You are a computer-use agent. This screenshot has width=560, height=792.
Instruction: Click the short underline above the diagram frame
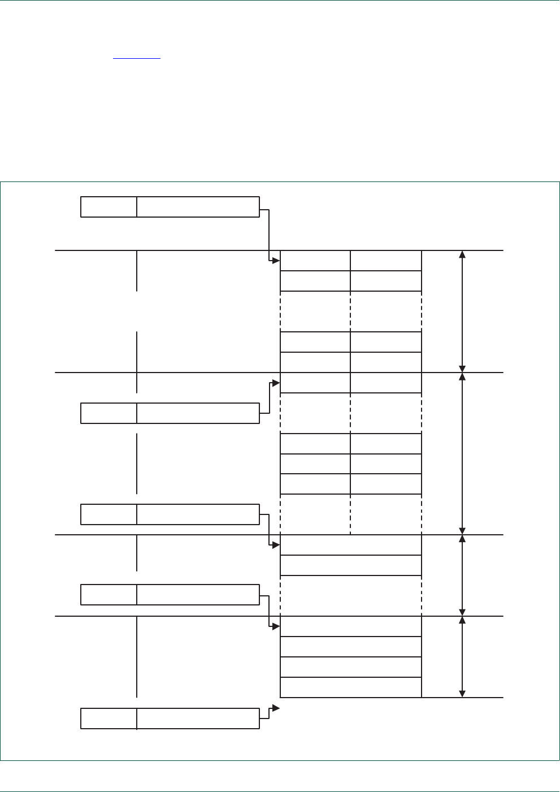pos(137,58)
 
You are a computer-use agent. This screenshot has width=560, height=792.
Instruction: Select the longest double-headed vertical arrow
pos(462,453)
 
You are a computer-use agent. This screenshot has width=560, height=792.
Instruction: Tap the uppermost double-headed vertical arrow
pos(462,311)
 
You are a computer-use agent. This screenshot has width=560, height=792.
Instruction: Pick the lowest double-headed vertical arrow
pos(462,657)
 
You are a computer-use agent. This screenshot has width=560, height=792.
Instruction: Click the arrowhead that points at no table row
pos(276,708)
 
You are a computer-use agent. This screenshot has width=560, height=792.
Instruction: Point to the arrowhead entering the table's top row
pos(276,261)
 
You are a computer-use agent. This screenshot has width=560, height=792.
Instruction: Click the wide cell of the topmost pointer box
pos(198,207)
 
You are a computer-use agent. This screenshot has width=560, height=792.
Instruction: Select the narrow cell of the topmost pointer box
pos(108,207)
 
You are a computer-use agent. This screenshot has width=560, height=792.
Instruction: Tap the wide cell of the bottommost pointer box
pos(198,719)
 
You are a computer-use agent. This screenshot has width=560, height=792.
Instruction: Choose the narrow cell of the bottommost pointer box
pos(108,719)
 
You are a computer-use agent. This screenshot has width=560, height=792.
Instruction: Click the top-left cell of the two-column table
pos(315,261)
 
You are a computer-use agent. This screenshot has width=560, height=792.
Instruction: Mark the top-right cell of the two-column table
pos(385,261)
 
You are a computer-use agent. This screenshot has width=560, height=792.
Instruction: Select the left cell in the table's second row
pos(315,281)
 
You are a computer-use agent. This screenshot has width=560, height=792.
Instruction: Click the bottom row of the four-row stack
pos(350,687)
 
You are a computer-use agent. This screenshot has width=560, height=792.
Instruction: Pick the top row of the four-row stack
pos(350,626)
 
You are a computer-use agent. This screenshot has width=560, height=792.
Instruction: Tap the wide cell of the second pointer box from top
pos(198,413)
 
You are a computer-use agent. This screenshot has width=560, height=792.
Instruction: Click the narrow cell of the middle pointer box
pos(108,514)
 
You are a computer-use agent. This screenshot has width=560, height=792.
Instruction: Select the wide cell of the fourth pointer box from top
pos(198,595)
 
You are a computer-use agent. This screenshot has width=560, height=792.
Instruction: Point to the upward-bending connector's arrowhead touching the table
pos(276,383)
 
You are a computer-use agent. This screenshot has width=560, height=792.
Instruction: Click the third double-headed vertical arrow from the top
pos(462,575)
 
